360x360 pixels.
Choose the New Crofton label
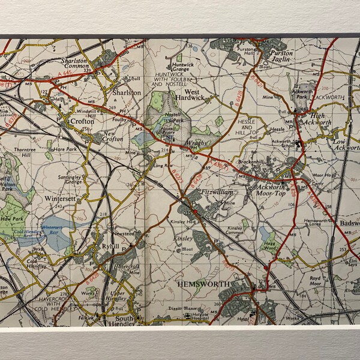pos(113,136)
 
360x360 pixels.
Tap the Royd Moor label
pos(317,281)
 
